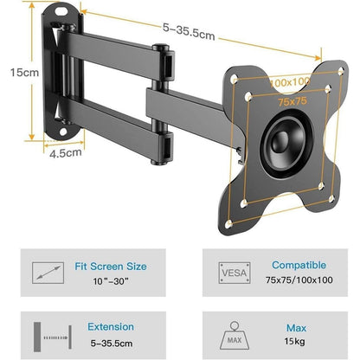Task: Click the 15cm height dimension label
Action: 24,72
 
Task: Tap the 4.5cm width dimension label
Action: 66,152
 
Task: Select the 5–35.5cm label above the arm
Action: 189,31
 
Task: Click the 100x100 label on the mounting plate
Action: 290,82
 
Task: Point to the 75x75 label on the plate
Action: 292,101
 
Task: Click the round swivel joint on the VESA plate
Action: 286,144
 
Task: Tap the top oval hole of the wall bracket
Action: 61,12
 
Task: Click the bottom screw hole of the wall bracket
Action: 63,132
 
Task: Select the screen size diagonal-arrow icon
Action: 48,273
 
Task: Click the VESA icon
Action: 235,273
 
